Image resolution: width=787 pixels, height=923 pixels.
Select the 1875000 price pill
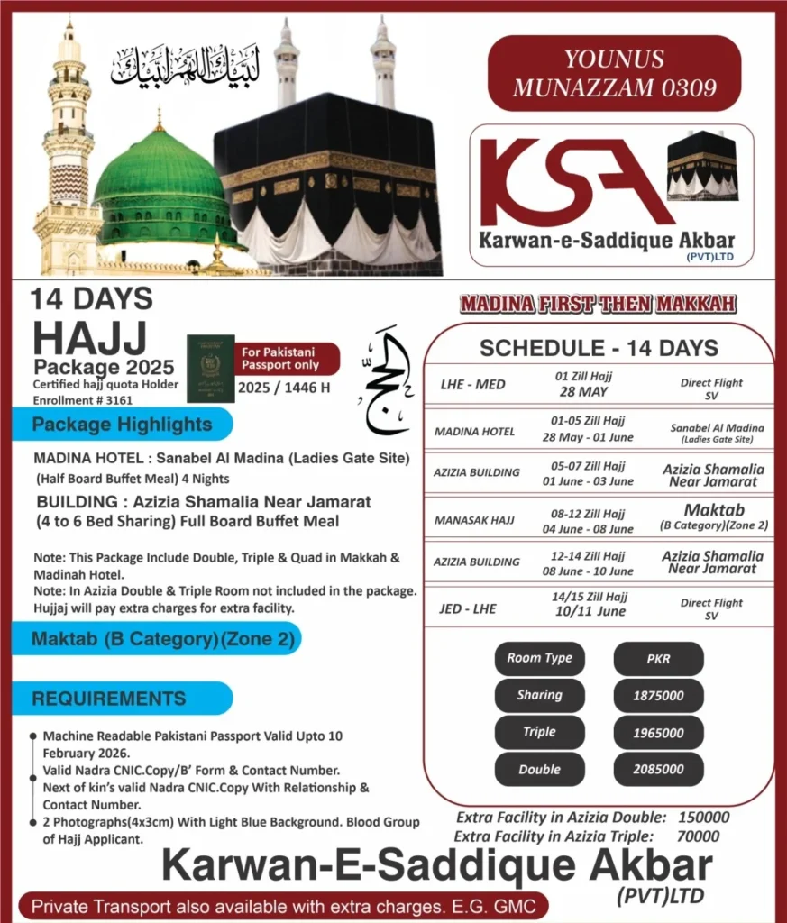click(659, 696)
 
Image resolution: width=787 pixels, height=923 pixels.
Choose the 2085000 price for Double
click(659, 770)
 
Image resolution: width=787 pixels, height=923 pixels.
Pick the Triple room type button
click(539, 732)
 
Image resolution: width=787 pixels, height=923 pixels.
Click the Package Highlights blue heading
click(123, 424)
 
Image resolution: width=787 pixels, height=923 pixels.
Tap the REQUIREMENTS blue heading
click(110, 698)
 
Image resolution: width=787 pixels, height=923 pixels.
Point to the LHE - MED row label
click(472, 385)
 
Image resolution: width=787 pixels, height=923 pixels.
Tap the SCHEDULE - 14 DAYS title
click(599, 348)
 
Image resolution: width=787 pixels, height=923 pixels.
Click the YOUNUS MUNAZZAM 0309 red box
click(614, 73)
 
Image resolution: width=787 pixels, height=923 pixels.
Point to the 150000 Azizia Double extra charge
click(700, 818)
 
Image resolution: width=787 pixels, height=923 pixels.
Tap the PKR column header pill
click(659, 658)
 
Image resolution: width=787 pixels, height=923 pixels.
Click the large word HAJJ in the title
click(89, 339)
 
